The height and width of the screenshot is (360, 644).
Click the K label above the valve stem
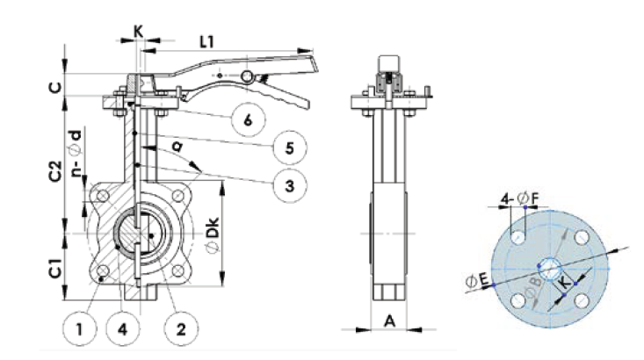click(138, 30)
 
